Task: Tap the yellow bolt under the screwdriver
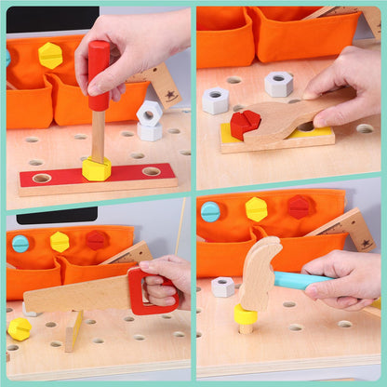(x=96, y=169)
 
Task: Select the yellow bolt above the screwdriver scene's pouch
(x=51, y=55)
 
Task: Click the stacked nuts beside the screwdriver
(x=149, y=120)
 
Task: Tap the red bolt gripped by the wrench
(x=246, y=124)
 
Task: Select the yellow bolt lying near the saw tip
(x=19, y=328)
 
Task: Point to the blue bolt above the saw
(x=20, y=244)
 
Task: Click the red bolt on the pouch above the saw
(x=96, y=240)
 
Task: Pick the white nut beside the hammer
(x=222, y=287)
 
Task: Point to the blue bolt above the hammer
(x=210, y=211)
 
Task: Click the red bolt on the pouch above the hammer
(x=298, y=207)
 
